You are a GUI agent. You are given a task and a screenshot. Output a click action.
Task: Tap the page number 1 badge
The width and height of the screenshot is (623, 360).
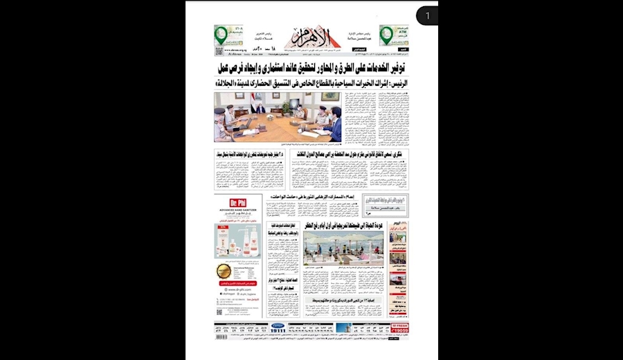pyautogui.click(x=427, y=15)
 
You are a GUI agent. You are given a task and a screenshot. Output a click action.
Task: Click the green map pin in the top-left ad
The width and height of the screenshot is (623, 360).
pyautogui.click(x=219, y=33)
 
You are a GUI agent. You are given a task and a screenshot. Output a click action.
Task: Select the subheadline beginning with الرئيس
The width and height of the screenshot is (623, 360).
pyautogui.click(x=311, y=82)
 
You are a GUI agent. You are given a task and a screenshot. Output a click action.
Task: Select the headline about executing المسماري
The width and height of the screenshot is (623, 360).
pyautogui.click(x=325, y=196)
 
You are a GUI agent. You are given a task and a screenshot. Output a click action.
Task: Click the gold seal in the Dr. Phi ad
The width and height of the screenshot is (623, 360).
pyautogui.click(x=224, y=271)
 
